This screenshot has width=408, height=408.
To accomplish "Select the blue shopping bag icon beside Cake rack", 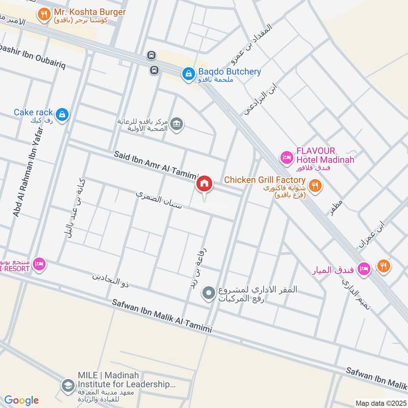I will pos(62,115).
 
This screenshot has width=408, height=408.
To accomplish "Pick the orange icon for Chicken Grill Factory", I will pos(316,186).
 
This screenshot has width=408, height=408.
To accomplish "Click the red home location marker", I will pos(205,184).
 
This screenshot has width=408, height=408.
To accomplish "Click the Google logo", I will pos(21,400).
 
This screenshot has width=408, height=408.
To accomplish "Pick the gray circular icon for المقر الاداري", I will pos(208,293).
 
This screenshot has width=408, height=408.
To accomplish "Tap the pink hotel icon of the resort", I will pos(39,264).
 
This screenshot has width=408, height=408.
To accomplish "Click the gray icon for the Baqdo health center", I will pos(176,124).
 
